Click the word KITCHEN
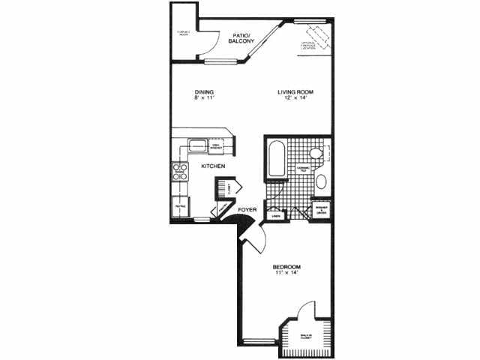(214, 166)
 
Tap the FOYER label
(247, 210)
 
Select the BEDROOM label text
(286, 268)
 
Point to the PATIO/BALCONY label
(241, 38)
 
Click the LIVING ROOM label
(295, 92)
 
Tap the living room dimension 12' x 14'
(295, 99)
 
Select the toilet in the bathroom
(318, 153)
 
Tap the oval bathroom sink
(321, 181)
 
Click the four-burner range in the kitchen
(180, 173)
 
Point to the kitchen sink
(197, 145)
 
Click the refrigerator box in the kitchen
(180, 205)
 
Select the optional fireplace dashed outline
(314, 36)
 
